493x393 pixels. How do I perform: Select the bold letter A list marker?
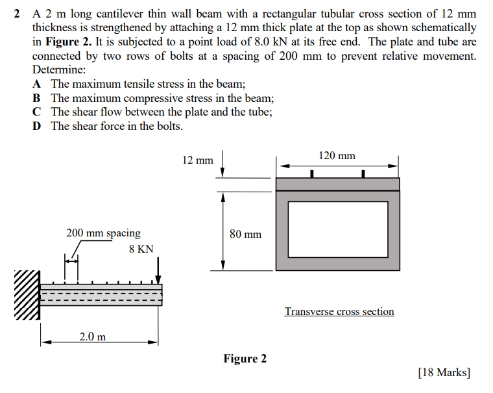[x=38, y=84]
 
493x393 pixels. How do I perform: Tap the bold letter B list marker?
[x=38, y=98]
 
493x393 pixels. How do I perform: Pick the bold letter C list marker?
[x=38, y=112]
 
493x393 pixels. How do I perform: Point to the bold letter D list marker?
[x=38, y=126]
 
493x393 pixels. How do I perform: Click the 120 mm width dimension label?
[x=337, y=155]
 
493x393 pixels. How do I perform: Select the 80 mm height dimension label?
[x=245, y=234]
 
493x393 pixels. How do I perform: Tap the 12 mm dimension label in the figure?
[x=197, y=160]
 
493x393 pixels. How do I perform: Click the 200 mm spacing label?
[x=103, y=233]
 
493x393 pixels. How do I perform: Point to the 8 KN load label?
[x=141, y=249]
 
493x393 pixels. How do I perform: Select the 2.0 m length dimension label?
[x=93, y=336]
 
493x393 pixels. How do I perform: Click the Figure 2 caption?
[x=245, y=359]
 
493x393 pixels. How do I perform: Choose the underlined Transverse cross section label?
[x=339, y=312]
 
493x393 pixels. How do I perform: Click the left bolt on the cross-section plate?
[x=312, y=173]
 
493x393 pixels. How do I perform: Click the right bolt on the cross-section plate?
[x=363, y=173]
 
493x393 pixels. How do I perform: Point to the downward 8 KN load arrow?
[x=158, y=266]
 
